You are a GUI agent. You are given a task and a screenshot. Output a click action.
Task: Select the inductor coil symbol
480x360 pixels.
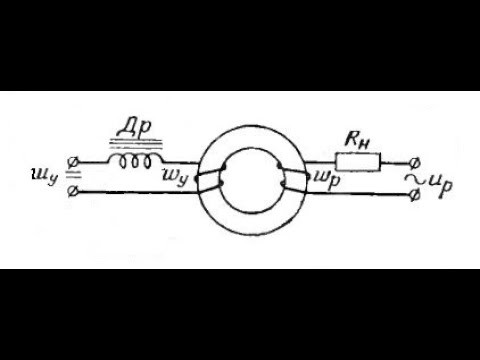pos(136,161)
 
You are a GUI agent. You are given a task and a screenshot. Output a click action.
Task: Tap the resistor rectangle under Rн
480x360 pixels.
pos(358,162)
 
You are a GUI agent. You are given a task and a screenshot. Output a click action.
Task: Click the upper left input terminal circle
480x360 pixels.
pos(73,163)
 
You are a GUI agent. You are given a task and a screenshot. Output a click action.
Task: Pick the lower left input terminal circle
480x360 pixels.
pos(73,192)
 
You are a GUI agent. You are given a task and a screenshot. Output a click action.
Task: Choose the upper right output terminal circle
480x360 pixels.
pos(414,163)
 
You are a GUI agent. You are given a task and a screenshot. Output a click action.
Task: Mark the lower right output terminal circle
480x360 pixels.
pos(414,195)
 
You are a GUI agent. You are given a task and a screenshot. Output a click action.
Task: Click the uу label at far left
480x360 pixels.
pos(44,177)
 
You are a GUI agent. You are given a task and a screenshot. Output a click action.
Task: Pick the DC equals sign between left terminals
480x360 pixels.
pos(72,174)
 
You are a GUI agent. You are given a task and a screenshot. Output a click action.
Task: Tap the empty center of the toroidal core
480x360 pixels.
pos(251,181)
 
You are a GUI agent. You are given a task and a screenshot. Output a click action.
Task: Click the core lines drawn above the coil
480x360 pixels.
pos(136,143)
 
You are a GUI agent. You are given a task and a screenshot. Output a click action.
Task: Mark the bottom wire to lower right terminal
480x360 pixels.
pos(357,194)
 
